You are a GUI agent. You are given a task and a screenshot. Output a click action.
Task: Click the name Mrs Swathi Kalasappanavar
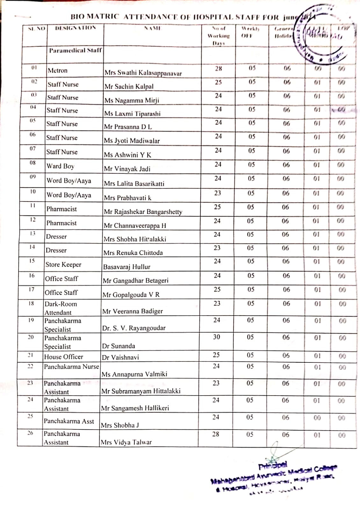coord(143,73)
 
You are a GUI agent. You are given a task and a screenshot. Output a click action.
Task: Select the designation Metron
coord(57,70)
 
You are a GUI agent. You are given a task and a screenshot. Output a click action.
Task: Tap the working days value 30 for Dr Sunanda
coord(216,337)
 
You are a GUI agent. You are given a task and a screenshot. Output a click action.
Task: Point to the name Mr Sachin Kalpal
coord(129,86)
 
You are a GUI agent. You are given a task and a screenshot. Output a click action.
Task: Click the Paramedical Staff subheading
coord(75,50)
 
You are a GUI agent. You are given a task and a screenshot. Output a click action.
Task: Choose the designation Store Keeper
coord(63,265)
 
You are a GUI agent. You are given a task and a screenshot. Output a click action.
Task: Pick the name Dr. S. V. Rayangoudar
coord(134,328)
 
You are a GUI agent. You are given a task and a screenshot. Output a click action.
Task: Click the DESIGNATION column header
coord(76,28)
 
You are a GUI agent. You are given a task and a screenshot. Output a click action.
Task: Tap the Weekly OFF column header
coord(250,32)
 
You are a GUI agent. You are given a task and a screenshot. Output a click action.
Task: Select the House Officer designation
coord(63,357)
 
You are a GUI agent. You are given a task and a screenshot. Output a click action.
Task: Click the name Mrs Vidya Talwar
coord(126,442)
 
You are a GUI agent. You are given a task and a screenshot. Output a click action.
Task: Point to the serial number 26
coord(30,433)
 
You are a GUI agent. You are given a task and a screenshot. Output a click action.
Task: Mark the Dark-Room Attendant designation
coord(61,308)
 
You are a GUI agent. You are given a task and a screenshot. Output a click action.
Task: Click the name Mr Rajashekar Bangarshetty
coord(143,212)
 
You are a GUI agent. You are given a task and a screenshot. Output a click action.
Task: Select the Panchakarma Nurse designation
coord(71,367)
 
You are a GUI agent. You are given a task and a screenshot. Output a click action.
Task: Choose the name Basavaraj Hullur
coord(126,267)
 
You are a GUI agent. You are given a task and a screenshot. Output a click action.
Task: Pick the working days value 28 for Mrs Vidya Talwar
coord(216,434)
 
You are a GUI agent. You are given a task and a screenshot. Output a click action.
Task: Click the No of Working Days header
coord(218,36)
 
